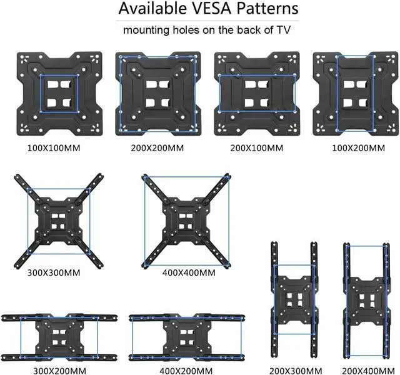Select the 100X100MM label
(x=59, y=149)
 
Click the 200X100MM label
(x=256, y=149)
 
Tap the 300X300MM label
(x=54, y=273)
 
